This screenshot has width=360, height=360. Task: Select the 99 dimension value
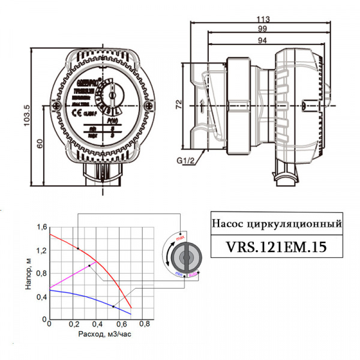263,28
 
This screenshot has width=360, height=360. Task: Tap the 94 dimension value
263,40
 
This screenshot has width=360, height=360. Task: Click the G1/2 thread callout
186,161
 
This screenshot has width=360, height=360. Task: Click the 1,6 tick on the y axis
41,227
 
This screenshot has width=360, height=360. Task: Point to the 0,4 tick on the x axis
97,325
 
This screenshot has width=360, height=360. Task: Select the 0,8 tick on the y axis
41,274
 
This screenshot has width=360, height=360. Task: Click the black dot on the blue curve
113,307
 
